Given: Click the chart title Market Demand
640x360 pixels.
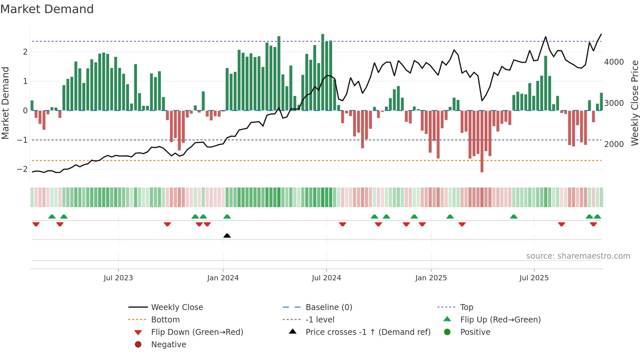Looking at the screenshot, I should (47, 9).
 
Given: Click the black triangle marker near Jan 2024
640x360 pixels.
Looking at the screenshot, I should (227, 236).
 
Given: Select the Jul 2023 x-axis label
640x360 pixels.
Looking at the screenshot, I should (118, 278).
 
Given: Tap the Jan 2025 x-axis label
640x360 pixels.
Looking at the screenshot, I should (431, 278).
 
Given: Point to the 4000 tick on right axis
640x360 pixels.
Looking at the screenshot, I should (614, 62).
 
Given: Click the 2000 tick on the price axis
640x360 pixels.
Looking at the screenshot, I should (614, 144).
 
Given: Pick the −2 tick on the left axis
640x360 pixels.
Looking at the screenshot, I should (22, 169).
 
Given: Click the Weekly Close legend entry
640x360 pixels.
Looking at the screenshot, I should (177, 307).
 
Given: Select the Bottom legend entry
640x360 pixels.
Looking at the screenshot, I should (165, 320).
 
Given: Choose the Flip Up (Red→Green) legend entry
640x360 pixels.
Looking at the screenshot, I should (500, 320).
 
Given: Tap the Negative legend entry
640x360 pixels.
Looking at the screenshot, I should (168, 345).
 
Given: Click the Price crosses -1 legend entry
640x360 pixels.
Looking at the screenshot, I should (368, 332).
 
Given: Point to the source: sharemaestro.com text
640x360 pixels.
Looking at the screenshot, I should (578, 256).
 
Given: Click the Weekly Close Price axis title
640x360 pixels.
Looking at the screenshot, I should (634, 103).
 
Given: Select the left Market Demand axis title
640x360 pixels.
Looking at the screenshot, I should (5, 103).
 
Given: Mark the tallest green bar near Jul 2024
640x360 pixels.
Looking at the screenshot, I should (323, 72).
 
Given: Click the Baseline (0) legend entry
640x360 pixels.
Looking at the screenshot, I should (328, 307).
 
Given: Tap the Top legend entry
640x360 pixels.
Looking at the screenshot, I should (466, 307).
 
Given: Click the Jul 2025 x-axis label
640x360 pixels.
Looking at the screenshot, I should (534, 278).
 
